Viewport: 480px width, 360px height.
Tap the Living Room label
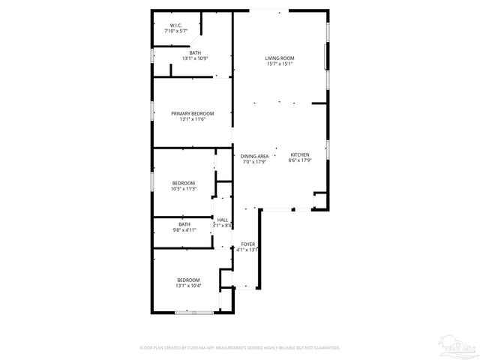(279, 58)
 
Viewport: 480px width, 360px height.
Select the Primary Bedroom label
(192, 113)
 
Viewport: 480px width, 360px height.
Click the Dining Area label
(254, 156)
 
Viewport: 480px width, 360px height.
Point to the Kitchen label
(300, 155)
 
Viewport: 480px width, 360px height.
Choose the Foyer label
(247, 244)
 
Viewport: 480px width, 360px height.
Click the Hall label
(223, 220)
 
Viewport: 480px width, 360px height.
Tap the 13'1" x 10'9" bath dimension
(194, 58)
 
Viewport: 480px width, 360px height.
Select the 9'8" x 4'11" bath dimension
(184, 230)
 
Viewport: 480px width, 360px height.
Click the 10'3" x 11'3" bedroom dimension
(184, 189)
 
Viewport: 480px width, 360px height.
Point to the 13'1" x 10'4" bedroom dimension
(188, 286)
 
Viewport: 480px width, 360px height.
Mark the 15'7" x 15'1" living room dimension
(279, 64)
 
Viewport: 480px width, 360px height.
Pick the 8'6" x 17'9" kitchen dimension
(300, 161)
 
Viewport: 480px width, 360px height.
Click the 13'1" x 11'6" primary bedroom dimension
(192, 119)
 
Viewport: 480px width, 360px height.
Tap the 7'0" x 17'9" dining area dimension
(254, 162)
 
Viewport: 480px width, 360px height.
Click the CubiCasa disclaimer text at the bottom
(240, 348)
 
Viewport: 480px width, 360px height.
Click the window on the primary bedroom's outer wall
(152, 112)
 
